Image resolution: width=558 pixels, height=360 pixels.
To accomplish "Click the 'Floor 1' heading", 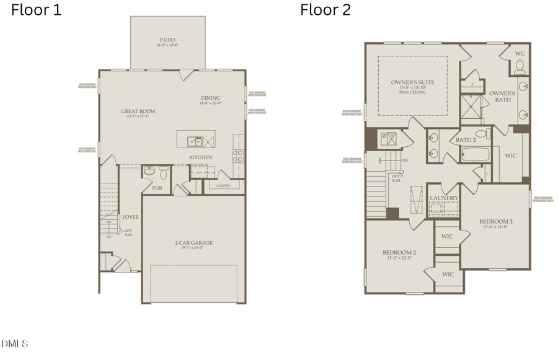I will click(36, 10).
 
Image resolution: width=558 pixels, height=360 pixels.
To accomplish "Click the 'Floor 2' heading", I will click(325, 10).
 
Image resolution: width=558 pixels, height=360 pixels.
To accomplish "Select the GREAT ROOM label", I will click(138, 112).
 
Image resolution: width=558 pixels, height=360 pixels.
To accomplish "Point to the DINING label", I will click(210, 98).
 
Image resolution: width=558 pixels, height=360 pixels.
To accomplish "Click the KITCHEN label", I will click(201, 157).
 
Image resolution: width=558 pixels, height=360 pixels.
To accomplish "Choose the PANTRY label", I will click(223, 185).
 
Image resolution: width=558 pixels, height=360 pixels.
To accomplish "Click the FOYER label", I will click(130, 217).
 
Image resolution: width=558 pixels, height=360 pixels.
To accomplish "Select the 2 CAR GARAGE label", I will click(193, 242).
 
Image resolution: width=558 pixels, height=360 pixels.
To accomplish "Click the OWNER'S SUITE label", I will click(412, 82).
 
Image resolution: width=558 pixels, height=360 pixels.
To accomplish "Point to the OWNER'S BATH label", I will click(502, 96).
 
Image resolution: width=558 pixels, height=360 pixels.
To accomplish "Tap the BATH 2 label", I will click(465, 140).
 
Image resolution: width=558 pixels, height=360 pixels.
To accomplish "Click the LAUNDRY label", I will click(444, 198).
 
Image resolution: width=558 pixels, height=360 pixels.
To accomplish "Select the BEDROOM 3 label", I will click(495, 221).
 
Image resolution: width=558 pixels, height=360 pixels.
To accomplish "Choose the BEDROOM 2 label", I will click(399, 253).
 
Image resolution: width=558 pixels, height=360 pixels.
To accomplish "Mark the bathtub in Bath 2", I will click(475, 154).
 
